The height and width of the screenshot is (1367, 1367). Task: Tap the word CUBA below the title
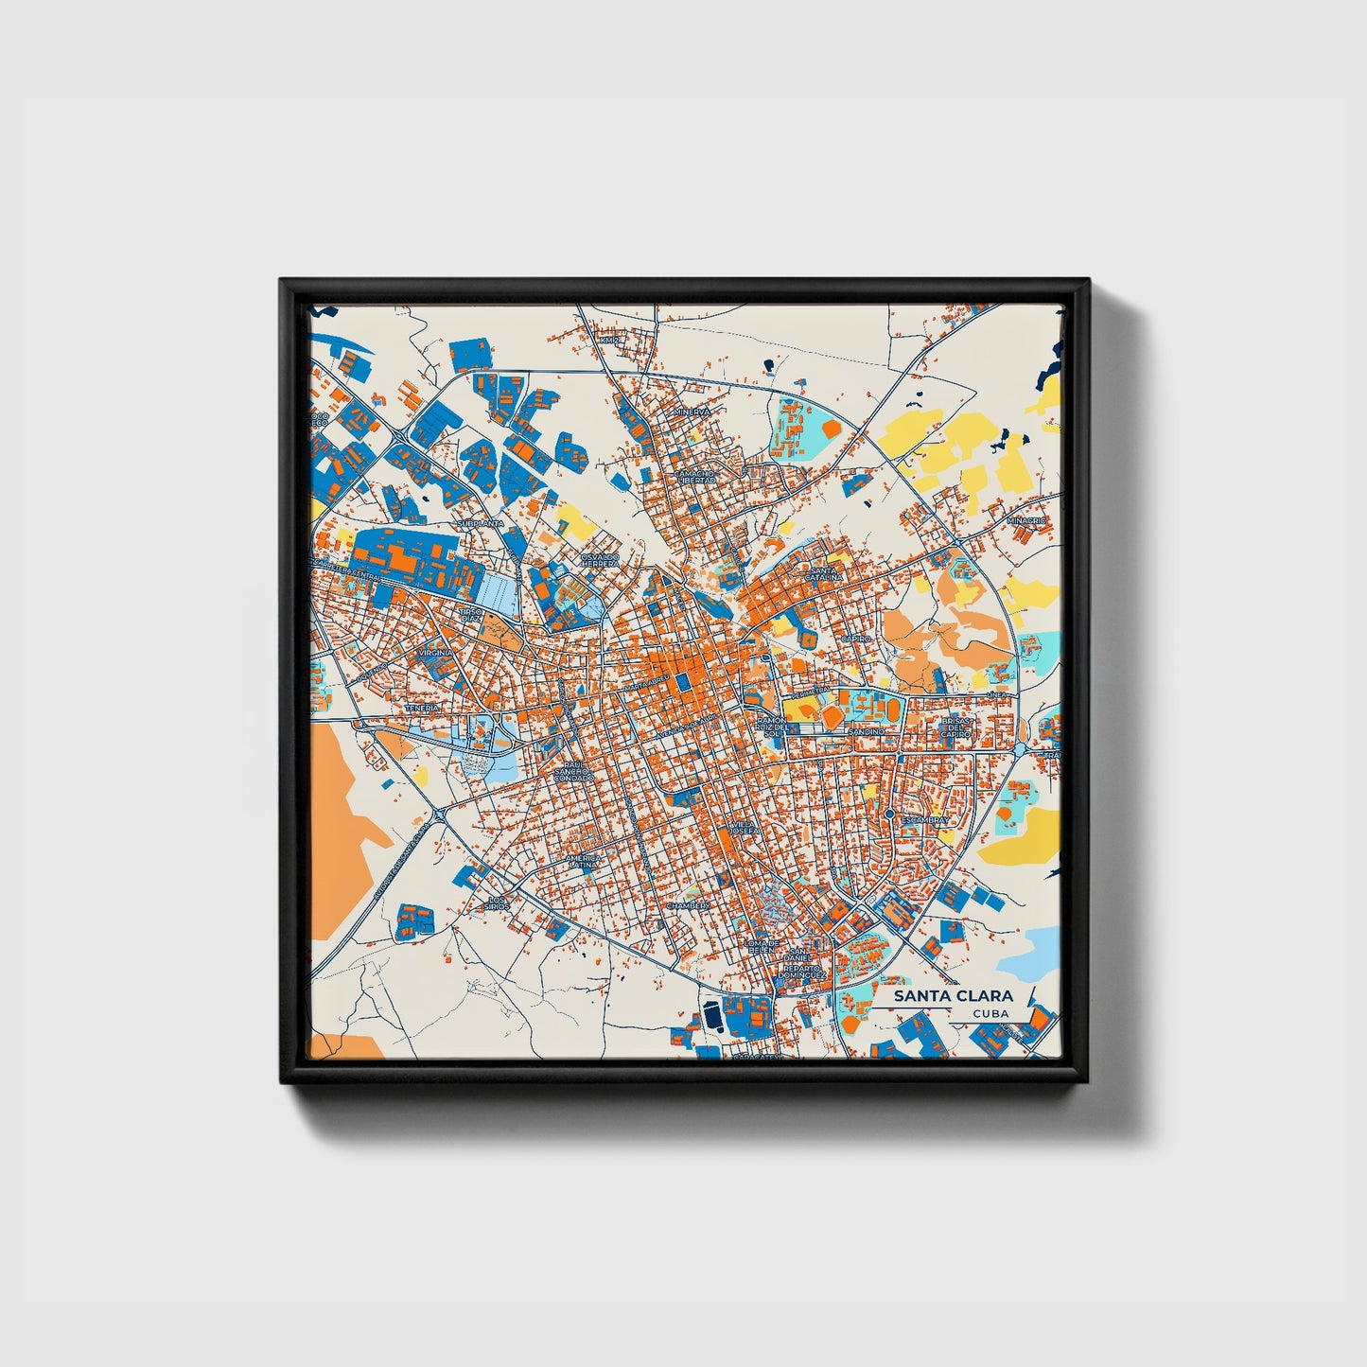click(990, 1013)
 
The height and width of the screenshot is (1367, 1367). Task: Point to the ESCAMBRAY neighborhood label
click(924, 820)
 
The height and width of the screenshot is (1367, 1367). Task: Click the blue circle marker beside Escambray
click(889, 813)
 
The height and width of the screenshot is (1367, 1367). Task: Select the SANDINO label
click(866, 731)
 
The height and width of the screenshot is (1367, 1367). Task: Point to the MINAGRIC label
click(1026, 520)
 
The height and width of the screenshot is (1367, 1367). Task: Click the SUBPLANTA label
click(480, 522)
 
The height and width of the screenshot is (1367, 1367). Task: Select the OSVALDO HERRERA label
click(600, 560)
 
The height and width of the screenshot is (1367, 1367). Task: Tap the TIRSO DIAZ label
click(471, 615)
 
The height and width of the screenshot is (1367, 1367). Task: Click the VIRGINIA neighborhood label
click(437, 653)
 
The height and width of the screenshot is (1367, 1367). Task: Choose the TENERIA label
click(422, 707)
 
